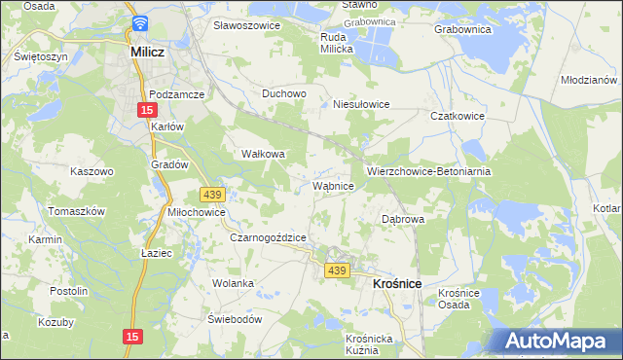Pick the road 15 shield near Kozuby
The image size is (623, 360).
[x=132, y=336]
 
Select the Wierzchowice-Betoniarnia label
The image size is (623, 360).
[x=428, y=170]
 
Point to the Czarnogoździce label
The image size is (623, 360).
[x=269, y=237]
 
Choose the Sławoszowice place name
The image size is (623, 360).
[x=246, y=24]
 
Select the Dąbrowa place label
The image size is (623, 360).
[x=403, y=219]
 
